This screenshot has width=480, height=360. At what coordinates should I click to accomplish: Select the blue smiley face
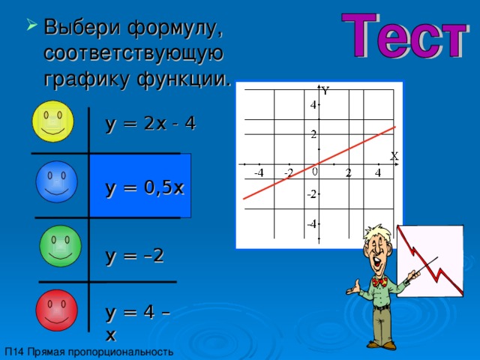click(x=56, y=182)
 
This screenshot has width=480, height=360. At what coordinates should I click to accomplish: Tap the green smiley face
click(x=60, y=246)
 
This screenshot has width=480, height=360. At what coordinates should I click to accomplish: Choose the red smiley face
click(x=56, y=309)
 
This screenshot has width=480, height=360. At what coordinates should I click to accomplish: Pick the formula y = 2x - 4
click(x=151, y=123)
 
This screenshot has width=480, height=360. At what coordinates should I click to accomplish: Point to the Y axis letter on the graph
click(x=325, y=91)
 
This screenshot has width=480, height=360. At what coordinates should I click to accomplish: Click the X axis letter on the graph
click(x=394, y=156)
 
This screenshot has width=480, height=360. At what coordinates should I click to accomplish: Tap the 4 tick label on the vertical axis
click(x=313, y=105)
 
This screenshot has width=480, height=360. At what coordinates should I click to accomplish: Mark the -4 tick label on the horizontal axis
click(x=258, y=174)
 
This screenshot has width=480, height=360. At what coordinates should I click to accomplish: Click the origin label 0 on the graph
click(x=315, y=172)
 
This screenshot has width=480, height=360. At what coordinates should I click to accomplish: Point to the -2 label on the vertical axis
click(x=311, y=193)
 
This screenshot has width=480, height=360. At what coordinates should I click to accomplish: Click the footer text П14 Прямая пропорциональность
click(x=88, y=352)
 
